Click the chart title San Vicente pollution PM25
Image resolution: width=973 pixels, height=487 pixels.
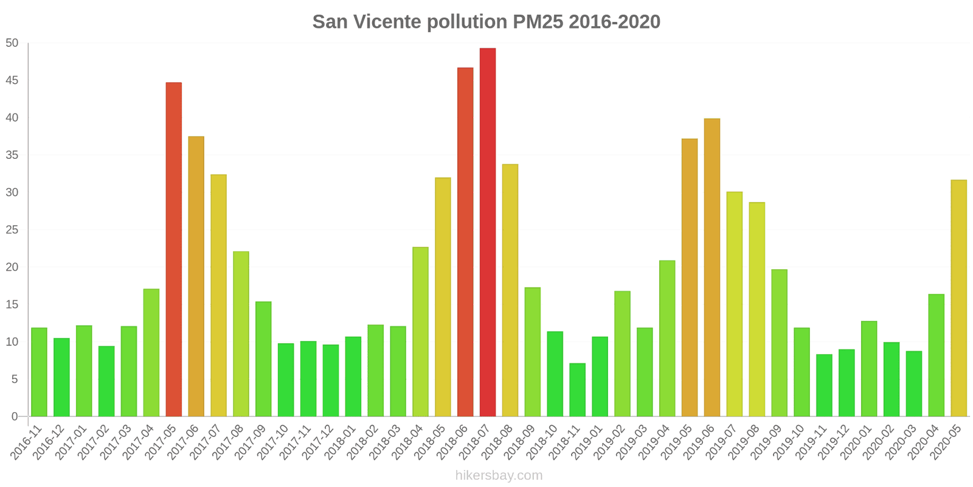(486, 22)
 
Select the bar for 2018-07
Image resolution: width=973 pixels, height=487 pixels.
(488, 232)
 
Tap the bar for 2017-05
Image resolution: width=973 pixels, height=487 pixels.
(173, 249)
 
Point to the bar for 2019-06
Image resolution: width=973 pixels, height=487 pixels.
(712, 267)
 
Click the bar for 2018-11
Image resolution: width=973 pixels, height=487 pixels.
(577, 390)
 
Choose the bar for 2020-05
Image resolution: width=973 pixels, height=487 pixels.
(958, 298)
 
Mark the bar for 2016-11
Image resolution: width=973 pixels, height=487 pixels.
(39, 372)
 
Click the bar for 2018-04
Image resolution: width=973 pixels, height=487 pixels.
(420, 331)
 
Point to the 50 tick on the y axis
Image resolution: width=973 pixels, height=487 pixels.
(12, 43)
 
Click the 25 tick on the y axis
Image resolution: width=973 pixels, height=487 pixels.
(12, 230)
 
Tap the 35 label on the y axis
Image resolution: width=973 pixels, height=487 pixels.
(12, 155)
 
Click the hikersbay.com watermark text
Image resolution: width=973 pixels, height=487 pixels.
(499, 475)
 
